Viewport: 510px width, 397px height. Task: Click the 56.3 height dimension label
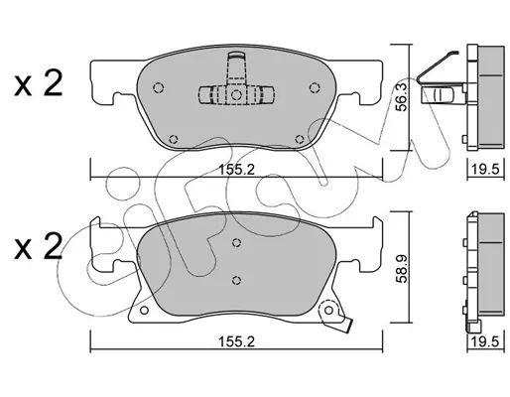pos(402,97)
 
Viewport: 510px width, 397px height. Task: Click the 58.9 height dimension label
pos(402,268)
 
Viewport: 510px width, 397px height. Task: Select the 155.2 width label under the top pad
pos(237,170)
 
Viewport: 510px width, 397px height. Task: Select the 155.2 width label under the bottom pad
pos(237,341)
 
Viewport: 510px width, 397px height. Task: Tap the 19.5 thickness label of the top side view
pos(485,170)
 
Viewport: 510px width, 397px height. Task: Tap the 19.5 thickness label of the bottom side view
pos(485,341)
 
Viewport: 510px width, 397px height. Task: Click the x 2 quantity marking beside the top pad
pos(39,83)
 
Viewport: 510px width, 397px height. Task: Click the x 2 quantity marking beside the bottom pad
pos(39,246)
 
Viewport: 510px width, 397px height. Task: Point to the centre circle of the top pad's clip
pos(236,95)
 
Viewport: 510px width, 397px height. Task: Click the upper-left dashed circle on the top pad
pos(159,87)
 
